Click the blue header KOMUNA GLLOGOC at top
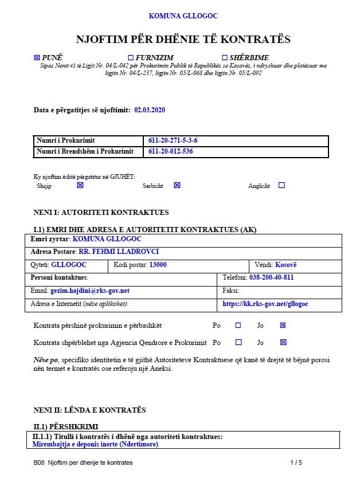pyautogui.click(x=183, y=16)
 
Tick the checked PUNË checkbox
pyautogui.click(x=37, y=57)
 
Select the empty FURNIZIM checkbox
pyautogui.click(x=130, y=57)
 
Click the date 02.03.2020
pyautogui.click(x=150, y=109)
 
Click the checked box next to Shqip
pyautogui.click(x=80, y=185)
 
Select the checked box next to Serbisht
pyautogui.click(x=177, y=185)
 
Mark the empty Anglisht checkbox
pyautogui.click(x=281, y=185)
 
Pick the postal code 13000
pyautogui.click(x=158, y=265)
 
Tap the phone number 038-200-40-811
pyautogui.click(x=272, y=277)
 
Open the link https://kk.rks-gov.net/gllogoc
pyautogui.click(x=265, y=304)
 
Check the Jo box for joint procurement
pyautogui.click(x=283, y=325)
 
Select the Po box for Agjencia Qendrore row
pyautogui.click(x=238, y=342)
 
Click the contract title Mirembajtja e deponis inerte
pyautogui.click(x=95, y=444)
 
